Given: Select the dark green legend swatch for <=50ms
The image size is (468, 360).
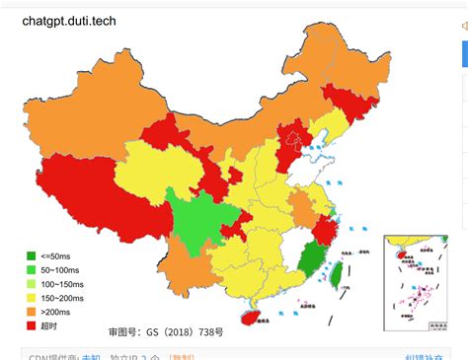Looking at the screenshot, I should tap(32, 257).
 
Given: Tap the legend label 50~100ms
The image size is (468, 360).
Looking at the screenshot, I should tap(62, 270).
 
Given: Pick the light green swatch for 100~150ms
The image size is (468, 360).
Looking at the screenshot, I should tap(32, 284).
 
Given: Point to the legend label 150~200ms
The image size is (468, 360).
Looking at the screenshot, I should tap(64, 297).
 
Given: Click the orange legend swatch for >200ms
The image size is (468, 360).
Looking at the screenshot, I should tap(32, 311).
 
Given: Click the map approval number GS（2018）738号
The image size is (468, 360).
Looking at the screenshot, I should tap(166, 332).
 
